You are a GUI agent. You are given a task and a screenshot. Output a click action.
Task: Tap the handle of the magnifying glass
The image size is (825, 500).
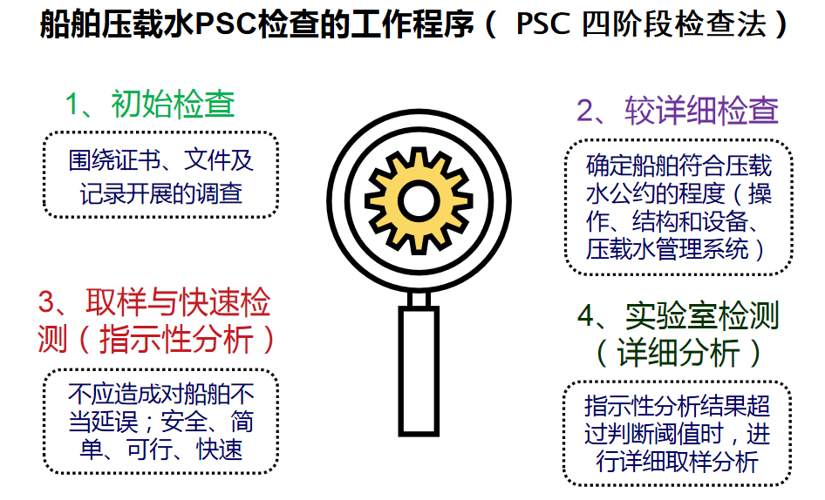(x=419, y=371)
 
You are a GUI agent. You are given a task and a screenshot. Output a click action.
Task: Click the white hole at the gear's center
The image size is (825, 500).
(x=419, y=201)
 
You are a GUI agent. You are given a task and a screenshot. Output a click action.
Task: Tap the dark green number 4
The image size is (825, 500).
(x=586, y=316)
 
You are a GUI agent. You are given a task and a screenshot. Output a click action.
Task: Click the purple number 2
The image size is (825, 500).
(x=585, y=111)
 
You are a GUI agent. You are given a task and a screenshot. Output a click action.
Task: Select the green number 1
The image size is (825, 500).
(x=72, y=105)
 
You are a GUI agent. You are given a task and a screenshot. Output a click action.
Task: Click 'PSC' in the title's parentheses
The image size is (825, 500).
(x=543, y=24)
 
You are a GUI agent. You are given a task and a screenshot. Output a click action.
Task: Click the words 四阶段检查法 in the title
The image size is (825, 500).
(x=673, y=24)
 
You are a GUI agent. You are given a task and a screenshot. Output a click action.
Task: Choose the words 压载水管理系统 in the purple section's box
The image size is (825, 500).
(x=666, y=248)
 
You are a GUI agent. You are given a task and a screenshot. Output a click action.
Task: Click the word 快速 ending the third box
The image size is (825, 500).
(x=219, y=449)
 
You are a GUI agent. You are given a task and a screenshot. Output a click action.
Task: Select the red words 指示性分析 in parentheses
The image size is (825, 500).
(x=176, y=339)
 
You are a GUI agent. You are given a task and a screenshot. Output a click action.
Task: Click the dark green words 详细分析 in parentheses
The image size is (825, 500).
(x=678, y=352)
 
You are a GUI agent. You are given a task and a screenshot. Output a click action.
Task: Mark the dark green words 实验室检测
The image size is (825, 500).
(x=701, y=316)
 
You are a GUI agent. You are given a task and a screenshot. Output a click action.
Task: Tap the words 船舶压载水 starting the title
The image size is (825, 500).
(x=118, y=24)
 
